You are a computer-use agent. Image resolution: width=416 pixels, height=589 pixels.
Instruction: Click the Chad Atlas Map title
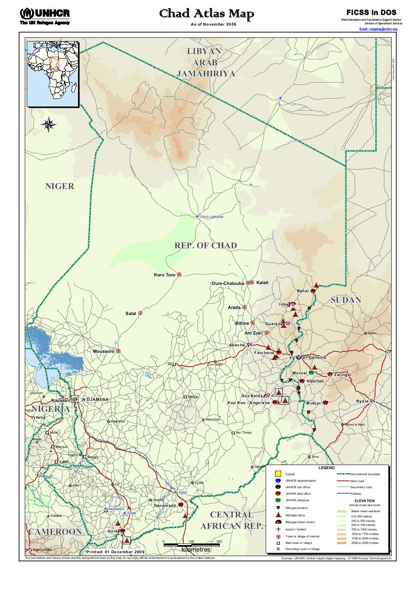click(206, 15)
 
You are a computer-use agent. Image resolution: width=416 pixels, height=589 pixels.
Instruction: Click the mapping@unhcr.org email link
click(378, 29)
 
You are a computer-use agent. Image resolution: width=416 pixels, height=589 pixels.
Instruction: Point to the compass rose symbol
click(48, 124)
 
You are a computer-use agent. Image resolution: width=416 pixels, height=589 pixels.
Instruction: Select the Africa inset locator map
click(52, 74)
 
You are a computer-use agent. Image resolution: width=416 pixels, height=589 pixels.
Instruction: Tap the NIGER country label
click(59, 186)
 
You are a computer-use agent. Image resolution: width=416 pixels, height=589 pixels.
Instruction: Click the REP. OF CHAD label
click(205, 246)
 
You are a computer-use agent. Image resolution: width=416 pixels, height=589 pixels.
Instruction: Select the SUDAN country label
click(346, 300)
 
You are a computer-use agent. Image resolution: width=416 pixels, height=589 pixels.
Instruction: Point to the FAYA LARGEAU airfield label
click(212, 217)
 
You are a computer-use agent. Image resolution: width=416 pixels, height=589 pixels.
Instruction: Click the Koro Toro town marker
click(179, 275)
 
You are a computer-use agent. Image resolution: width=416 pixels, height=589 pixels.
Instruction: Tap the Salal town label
click(131, 313)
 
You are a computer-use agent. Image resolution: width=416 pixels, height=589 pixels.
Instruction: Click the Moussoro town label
click(104, 351)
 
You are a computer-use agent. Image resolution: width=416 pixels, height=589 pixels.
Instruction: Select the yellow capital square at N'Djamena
click(74, 399)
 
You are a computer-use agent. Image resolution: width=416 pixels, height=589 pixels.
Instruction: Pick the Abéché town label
click(237, 345)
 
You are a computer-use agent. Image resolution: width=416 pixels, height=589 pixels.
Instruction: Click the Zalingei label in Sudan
click(342, 374)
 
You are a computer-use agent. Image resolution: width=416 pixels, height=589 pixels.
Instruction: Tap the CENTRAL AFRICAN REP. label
click(232, 521)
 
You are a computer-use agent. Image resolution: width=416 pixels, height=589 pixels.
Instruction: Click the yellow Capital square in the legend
click(278, 474)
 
